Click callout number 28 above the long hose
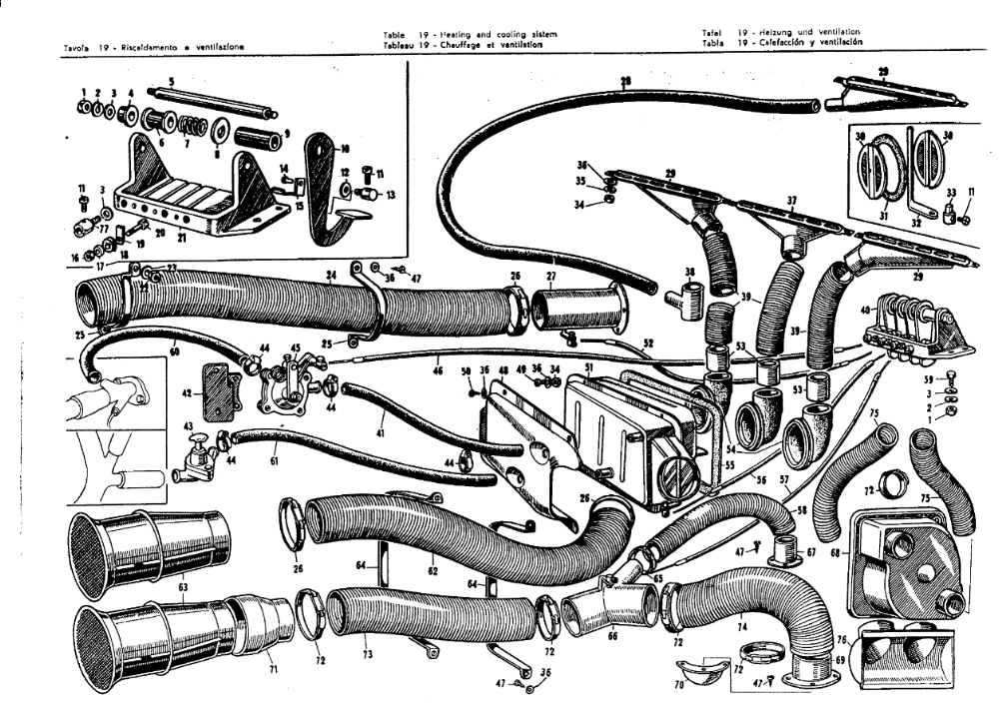pos(625,82)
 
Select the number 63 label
pos(183,587)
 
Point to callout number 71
pos(272,668)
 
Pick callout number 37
pos(792,200)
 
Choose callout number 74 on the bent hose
pos(741,626)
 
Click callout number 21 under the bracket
pos(181,239)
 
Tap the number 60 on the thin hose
pos(174,350)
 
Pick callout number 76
pos(843,641)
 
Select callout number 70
pos(680,687)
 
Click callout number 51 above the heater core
pos(587,367)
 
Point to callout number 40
pos(865,311)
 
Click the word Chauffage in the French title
pos(466,44)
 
